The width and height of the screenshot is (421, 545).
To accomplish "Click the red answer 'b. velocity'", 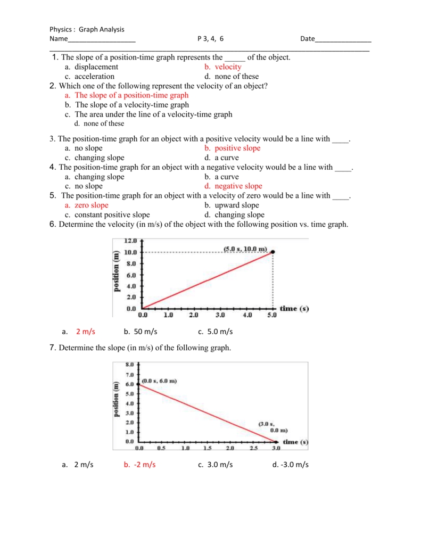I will pos(222,67).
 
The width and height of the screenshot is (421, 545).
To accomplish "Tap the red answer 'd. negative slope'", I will pos(233,186).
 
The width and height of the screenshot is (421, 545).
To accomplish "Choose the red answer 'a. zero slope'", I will pos(86,205).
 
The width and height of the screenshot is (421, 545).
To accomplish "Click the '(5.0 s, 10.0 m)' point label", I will pos(245,249).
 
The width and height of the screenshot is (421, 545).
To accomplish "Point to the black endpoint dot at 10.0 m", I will pos(273,252).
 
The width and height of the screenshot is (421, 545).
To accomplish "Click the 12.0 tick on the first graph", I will pos(130,241).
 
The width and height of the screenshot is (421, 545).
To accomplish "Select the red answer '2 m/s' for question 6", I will pos(85,332).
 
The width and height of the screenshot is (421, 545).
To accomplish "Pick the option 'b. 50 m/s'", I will pos(141,332).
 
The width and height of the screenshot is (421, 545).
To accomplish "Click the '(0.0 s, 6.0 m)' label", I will pos(160,381).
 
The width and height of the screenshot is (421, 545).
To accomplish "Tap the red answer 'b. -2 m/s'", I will pos(139,465).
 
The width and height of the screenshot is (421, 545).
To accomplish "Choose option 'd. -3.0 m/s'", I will pos(290,465).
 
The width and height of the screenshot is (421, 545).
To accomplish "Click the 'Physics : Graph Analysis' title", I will pos(87,29).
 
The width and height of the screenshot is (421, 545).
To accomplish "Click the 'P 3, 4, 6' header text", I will pos(210,39).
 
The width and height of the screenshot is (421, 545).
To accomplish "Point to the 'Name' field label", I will pos(59,39).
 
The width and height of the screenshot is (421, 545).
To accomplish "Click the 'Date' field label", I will pos(308,39).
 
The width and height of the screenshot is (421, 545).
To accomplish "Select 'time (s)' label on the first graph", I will pos(294,309).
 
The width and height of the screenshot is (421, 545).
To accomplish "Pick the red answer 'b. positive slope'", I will pos(232,148).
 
